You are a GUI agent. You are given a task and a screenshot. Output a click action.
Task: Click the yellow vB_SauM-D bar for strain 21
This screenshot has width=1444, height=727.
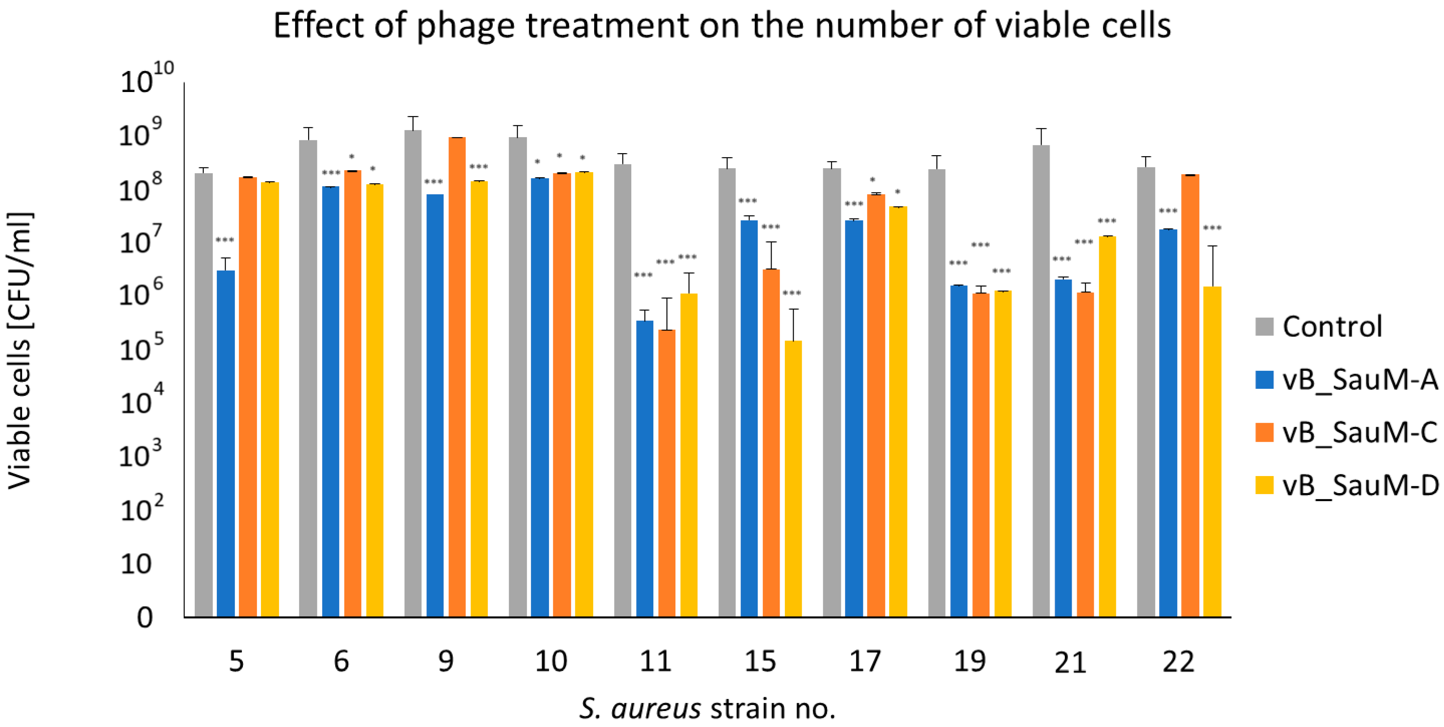(x=1107, y=426)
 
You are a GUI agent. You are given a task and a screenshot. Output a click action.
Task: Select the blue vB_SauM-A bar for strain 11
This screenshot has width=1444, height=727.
(x=645, y=468)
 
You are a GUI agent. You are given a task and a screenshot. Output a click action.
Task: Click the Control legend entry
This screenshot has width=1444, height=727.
(x=1331, y=327)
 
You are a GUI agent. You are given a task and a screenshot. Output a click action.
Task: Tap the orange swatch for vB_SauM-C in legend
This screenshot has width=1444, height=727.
(x=1265, y=432)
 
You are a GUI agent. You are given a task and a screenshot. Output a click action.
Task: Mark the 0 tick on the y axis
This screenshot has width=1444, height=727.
(x=145, y=617)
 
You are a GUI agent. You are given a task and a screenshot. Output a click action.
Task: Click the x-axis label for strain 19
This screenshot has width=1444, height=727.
(x=970, y=661)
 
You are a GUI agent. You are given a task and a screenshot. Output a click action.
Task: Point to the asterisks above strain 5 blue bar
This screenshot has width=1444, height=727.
(x=225, y=241)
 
